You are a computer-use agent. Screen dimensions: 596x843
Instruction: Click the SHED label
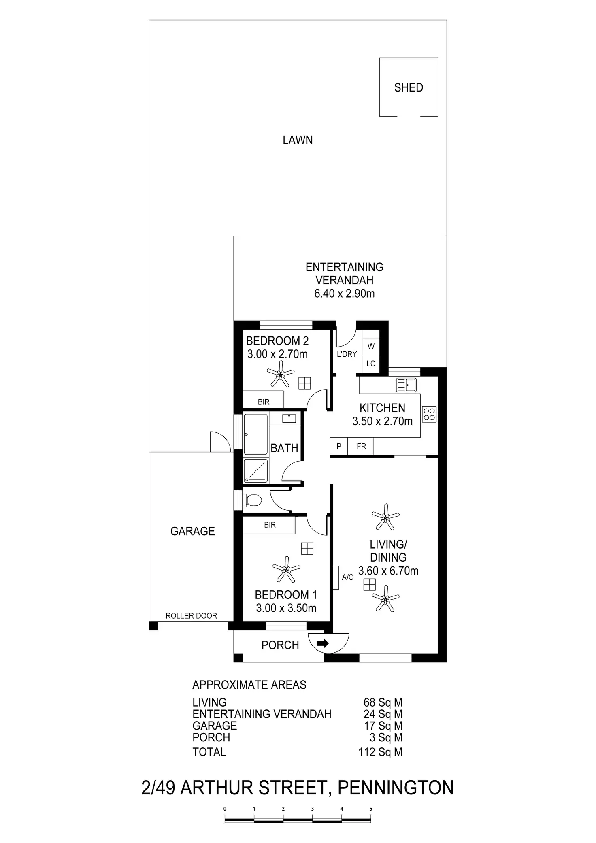(409, 87)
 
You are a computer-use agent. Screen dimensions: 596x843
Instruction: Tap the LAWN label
(298, 140)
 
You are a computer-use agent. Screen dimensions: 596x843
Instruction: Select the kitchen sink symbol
(407, 385)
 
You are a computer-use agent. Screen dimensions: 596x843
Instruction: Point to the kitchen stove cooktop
(429, 414)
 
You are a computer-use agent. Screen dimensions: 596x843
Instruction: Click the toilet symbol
(252, 500)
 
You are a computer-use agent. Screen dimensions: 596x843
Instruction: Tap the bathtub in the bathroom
(256, 434)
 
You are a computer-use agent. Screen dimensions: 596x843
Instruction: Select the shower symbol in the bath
(256, 471)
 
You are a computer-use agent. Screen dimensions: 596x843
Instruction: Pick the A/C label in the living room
(347, 577)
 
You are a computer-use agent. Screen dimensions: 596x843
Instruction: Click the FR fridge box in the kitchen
(361, 446)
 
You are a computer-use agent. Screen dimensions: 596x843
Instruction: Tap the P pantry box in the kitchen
(339, 446)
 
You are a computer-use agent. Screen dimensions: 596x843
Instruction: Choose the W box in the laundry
(371, 347)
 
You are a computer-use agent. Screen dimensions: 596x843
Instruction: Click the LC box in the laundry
(371, 364)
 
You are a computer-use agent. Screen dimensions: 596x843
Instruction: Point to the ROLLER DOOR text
(191, 616)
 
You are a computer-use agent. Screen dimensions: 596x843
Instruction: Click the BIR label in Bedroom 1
(270, 525)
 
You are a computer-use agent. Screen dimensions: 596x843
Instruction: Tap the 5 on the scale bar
(371, 809)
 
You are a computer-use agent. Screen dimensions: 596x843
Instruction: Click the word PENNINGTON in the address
(396, 788)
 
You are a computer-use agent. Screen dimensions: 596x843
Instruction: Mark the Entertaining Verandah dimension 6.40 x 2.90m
(344, 294)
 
